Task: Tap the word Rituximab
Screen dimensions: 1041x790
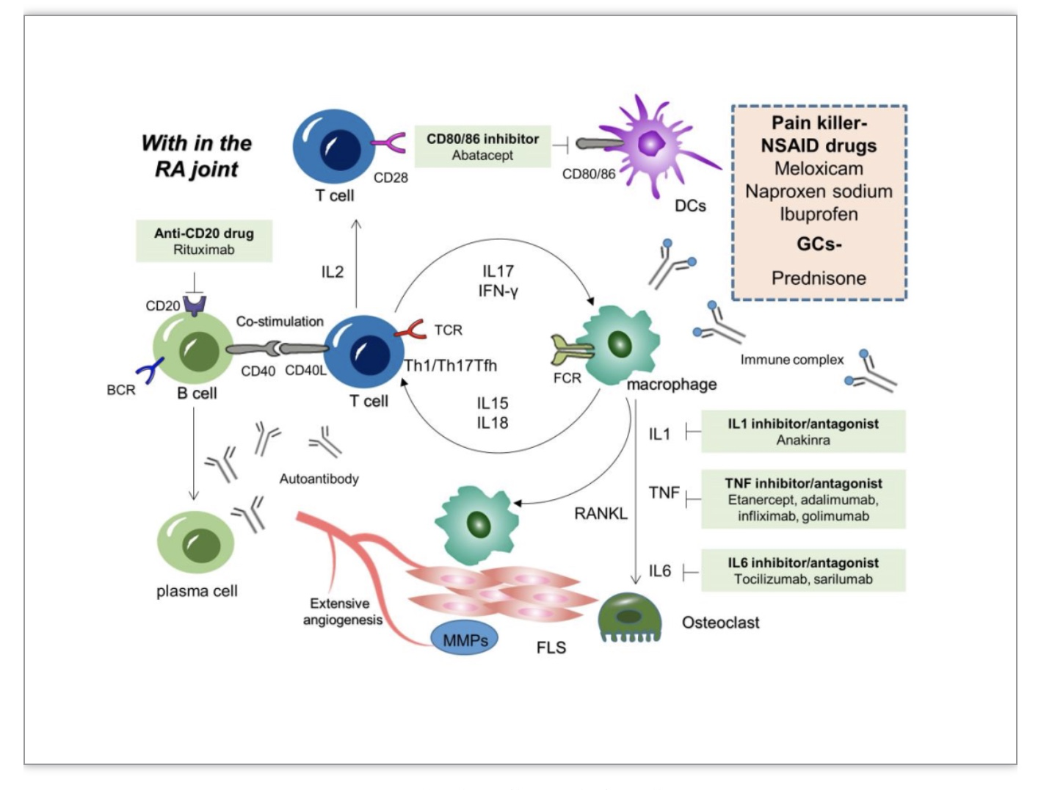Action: click(204, 250)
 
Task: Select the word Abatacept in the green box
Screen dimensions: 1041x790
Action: click(482, 155)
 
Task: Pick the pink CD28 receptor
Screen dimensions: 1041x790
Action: click(389, 142)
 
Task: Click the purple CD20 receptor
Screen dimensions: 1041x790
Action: click(195, 306)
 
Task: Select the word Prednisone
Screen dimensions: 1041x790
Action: click(819, 278)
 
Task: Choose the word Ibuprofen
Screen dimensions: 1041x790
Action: click(819, 214)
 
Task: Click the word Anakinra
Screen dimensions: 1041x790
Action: click(803, 440)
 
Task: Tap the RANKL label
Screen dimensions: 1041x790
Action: click(601, 513)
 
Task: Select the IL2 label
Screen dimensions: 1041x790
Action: click(332, 272)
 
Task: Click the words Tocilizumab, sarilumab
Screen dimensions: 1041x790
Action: click(803, 579)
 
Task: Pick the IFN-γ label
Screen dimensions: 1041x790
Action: click(498, 291)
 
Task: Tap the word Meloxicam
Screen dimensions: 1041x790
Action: click(819, 169)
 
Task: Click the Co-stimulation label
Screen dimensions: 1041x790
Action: click(280, 322)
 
